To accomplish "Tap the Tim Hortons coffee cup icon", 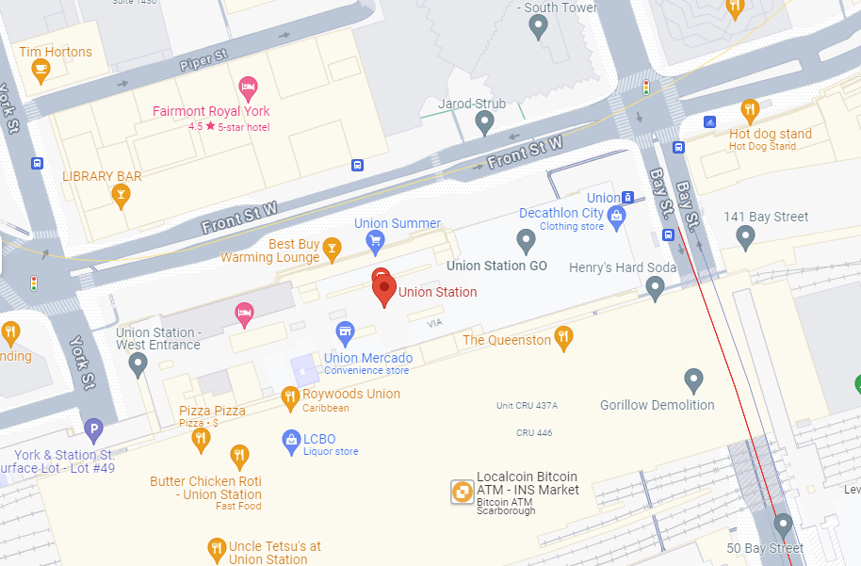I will click(x=40, y=71).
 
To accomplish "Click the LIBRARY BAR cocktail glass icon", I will click(x=121, y=195).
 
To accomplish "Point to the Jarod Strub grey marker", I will click(x=484, y=121).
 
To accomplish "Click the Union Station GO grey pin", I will click(x=527, y=240).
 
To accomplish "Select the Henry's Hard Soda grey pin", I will click(x=656, y=287).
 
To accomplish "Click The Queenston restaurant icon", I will click(x=563, y=337).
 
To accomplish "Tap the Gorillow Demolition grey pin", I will click(x=693, y=380).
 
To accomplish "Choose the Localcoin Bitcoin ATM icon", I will click(x=462, y=492).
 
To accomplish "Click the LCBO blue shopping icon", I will click(x=291, y=440).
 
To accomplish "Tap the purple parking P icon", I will click(x=92, y=431).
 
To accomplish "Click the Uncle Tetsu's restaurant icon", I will click(x=217, y=549).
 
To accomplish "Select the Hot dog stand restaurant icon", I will click(x=750, y=110).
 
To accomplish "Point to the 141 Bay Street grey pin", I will click(x=745, y=236).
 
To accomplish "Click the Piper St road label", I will click(x=203, y=61).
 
